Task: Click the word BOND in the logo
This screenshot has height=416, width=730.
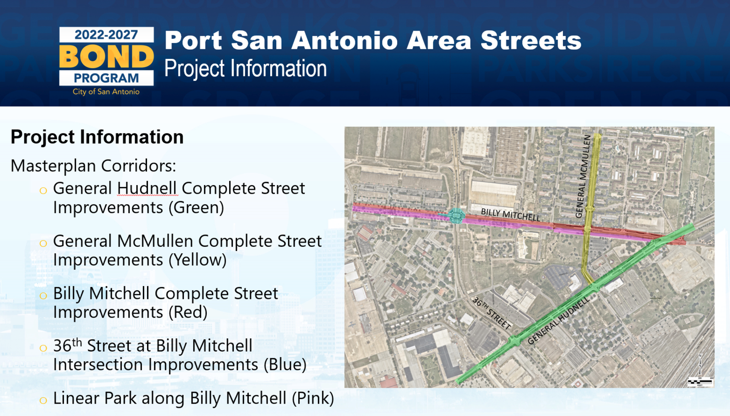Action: [x=106, y=56]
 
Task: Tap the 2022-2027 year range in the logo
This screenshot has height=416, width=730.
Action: [x=106, y=35]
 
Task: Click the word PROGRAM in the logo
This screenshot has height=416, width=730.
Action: [x=106, y=78]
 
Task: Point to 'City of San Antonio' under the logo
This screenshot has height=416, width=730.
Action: [x=106, y=92]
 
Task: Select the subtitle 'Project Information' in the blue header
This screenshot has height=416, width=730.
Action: [x=246, y=69]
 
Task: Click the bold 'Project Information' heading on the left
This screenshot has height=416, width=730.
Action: [x=97, y=137]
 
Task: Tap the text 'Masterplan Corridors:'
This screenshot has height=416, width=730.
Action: [x=93, y=165]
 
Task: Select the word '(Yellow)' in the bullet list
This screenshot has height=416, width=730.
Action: [x=198, y=260]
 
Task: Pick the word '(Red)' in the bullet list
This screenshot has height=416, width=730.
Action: [x=188, y=312]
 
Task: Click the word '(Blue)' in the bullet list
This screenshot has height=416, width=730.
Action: [x=285, y=364]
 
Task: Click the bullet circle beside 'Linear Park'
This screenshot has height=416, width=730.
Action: [x=43, y=400]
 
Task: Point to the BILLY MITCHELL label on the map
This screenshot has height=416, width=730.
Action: [x=510, y=215]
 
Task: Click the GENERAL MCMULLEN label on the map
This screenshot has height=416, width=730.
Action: [x=583, y=176]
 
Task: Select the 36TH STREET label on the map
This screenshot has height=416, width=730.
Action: [x=491, y=313]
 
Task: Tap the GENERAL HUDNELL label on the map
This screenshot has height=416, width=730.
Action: [x=559, y=321]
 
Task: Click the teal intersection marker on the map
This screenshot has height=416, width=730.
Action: [x=456, y=216]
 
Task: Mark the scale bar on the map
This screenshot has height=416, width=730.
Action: [x=700, y=381]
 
